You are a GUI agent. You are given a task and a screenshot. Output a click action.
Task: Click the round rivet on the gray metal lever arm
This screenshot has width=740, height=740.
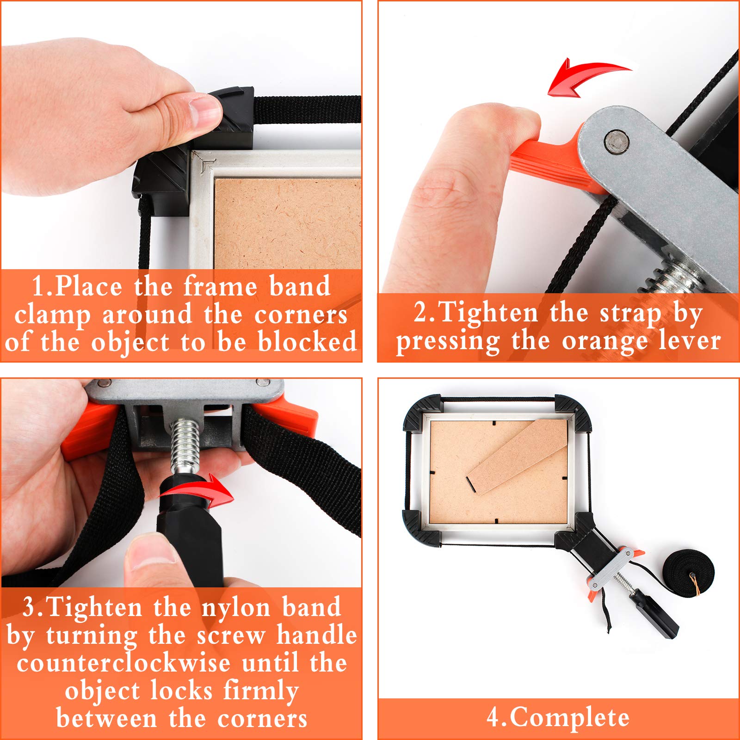[x=617, y=141]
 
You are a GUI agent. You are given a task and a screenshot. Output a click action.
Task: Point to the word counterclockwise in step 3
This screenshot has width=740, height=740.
[x=123, y=663]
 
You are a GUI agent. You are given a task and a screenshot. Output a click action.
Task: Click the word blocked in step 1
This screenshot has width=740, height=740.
[x=307, y=342]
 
